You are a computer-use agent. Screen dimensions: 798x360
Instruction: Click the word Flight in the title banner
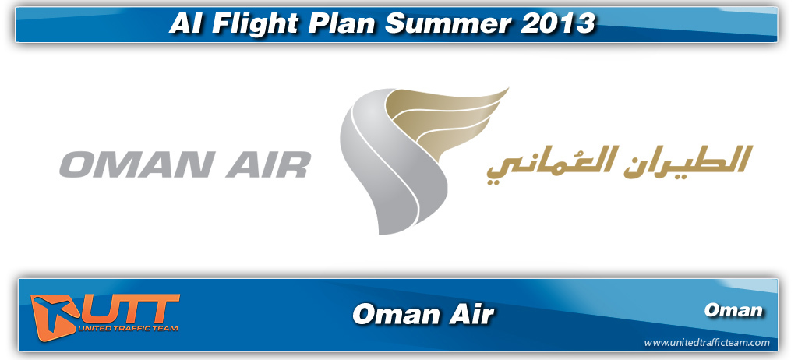click(262, 23)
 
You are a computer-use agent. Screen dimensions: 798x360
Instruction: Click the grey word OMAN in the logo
click(138, 165)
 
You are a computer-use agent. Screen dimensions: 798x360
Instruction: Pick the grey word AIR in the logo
click(268, 165)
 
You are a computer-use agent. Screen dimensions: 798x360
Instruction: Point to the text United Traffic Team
click(129, 328)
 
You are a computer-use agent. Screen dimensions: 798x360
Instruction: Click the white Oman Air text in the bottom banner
click(423, 314)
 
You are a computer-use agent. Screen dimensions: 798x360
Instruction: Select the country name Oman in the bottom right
click(733, 309)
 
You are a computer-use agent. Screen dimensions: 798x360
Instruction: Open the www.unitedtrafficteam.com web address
click(706, 343)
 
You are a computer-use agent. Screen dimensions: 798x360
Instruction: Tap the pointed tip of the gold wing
click(508, 89)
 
